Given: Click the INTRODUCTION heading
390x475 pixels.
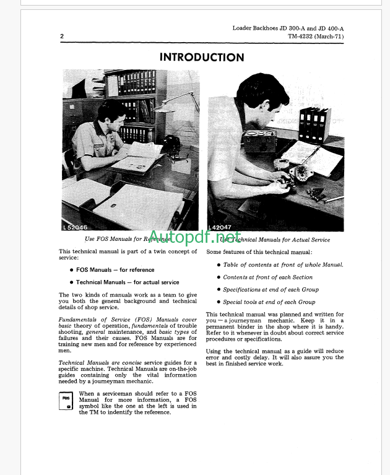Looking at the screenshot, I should coord(202,58).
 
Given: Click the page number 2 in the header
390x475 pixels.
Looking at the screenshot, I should coord(62,37).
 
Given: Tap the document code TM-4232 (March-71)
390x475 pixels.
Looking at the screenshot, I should coord(316,37).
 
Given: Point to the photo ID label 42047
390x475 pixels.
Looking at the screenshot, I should coord(221,227).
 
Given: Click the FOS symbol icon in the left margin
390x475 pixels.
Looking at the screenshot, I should coord(67,401).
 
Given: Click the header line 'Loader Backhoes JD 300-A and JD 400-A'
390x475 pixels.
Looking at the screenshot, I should coord(288,28).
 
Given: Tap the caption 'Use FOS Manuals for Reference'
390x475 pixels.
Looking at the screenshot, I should coord(127,240).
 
